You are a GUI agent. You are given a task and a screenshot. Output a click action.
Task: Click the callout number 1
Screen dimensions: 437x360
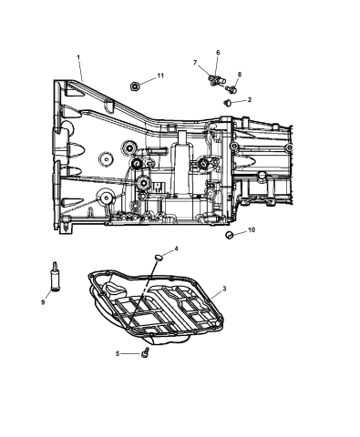(x=79, y=57)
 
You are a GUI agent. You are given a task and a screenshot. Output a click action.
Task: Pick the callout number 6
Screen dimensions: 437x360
(x=218, y=53)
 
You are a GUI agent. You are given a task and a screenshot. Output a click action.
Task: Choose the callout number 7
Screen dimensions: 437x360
(x=195, y=62)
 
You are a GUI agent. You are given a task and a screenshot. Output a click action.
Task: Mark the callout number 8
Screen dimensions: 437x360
(x=239, y=76)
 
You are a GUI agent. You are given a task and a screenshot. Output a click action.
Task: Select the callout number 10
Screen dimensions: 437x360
(x=251, y=231)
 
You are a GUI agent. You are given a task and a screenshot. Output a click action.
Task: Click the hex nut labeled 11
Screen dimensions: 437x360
(x=134, y=86)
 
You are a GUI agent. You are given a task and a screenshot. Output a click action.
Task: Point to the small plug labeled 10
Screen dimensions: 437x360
(x=230, y=237)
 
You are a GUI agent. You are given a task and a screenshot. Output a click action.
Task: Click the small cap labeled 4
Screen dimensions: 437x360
(x=159, y=259)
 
